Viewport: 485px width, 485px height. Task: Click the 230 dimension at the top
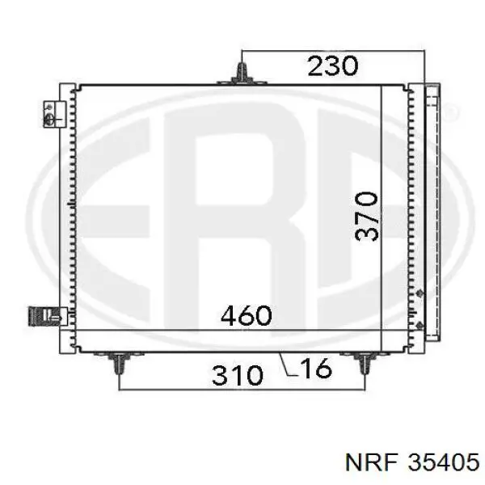[x=332, y=65]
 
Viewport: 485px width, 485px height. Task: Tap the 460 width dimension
[x=246, y=315]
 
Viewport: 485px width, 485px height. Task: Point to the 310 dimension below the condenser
[x=238, y=374]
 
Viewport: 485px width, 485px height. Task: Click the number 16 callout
[x=315, y=369]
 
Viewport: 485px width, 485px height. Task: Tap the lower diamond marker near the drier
[x=419, y=322]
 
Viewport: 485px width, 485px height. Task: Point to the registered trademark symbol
[x=449, y=109]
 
